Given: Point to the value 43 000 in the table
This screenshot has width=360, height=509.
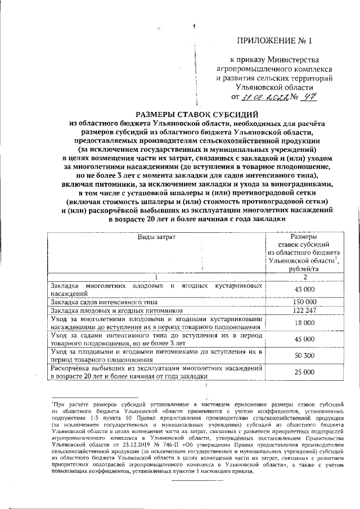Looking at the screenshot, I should pos(304,289).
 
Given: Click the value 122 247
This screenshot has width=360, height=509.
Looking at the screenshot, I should pos(304,310).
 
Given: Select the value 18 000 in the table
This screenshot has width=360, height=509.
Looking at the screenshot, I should pos(304,323).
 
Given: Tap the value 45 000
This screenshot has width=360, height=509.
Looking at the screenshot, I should pos(304,339).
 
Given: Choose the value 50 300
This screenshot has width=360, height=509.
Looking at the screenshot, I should pos(304,355).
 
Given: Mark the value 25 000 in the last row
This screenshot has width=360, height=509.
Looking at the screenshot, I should pos(304,372).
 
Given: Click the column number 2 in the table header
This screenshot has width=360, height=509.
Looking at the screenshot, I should pos(304,276).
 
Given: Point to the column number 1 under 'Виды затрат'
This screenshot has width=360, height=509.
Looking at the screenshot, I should pos(156,276).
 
